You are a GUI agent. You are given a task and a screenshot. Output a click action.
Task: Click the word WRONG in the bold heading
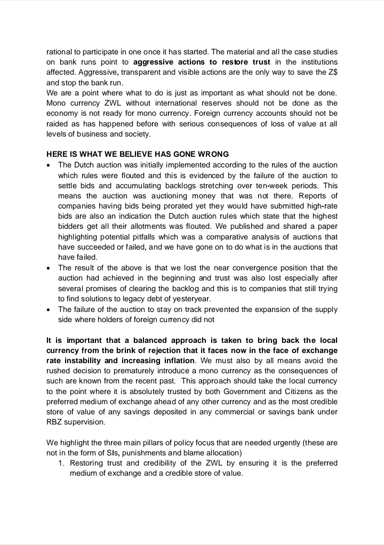click(x=212, y=154)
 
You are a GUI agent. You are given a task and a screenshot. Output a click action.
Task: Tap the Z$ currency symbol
click(x=332, y=73)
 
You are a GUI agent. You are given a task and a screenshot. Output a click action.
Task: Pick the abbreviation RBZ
click(x=55, y=422)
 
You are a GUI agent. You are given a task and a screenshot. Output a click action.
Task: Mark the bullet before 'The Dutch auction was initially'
click(x=49, y=165)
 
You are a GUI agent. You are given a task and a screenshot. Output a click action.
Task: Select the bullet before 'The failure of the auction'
click(x=49, y=309)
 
